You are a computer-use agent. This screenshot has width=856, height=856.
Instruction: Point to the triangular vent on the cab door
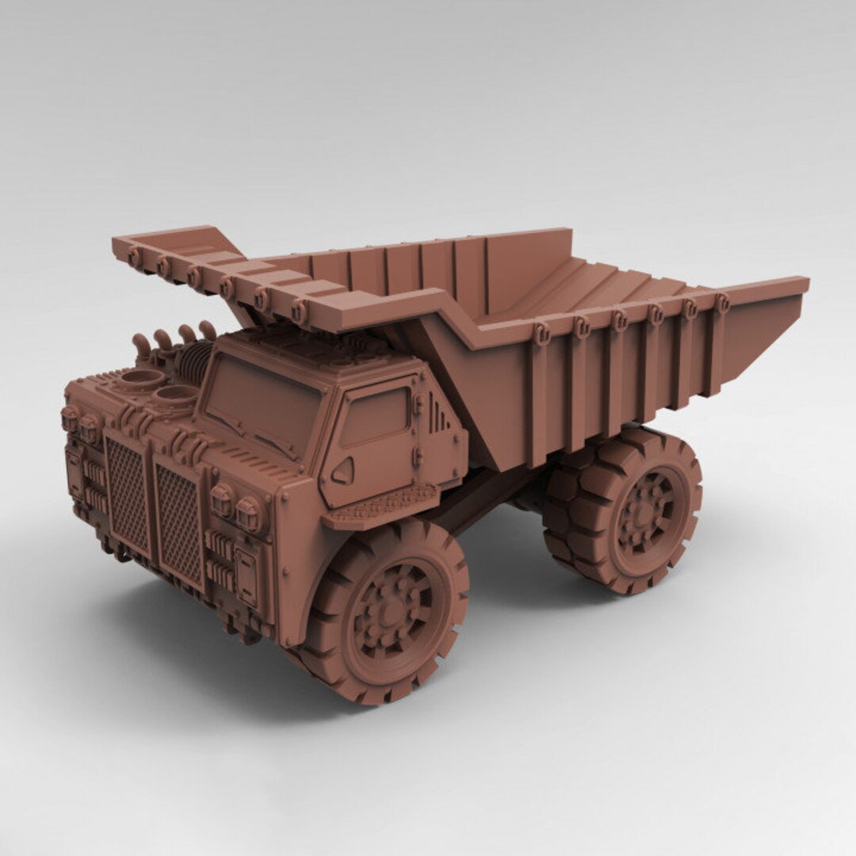click(342, 472)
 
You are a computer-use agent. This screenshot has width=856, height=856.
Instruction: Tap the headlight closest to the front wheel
click(249, 514)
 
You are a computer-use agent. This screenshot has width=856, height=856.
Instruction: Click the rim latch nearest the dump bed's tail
click(721, 302)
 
